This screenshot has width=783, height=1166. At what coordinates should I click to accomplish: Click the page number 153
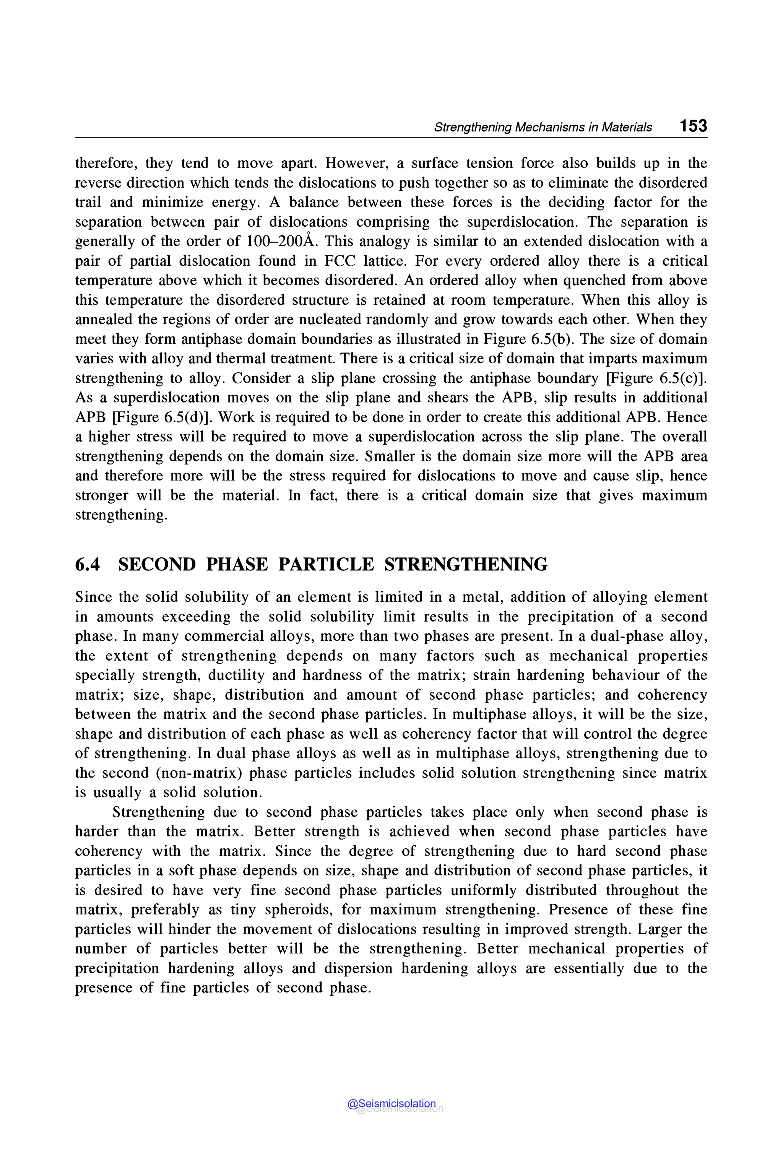tap(693, 125)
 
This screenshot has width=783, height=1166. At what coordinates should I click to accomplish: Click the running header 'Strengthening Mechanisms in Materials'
tap(543, 127)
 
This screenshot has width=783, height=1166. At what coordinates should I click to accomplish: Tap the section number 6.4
tap(88, 564)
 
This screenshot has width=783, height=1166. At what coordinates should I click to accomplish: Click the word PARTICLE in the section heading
tap(326, 564)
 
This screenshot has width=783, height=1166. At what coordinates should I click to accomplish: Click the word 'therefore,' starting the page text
tap(106, 163)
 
